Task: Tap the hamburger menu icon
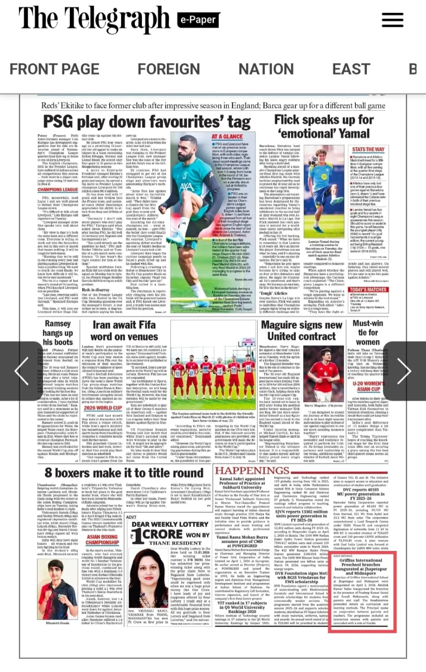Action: coord(392,20)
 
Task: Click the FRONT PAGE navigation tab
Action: coord(55,69)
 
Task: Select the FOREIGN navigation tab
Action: coord(169,69)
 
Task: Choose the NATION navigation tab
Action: coord(266,69)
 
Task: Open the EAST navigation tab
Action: coord(351,69)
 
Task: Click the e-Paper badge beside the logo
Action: coord(197,20)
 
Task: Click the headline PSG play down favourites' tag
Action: coord(147,122)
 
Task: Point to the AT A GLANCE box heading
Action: coord(227,137)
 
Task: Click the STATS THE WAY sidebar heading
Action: coord(368,149)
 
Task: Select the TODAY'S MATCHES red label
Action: coord(368,290)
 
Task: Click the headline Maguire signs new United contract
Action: coord(302,330)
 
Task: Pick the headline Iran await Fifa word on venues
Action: coord(124,330)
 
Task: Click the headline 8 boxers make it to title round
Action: coord(124,473)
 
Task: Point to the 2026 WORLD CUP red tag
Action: coord(103,408)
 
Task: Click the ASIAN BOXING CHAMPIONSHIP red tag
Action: coord(102,539)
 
